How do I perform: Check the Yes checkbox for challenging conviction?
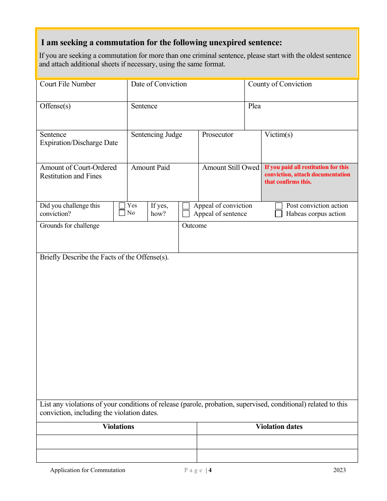pos(122,206)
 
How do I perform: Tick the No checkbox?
pos(122,213)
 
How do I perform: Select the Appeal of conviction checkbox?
pos(186,206)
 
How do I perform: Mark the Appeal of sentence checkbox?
pos(186,214)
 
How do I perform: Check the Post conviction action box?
pos(279,206)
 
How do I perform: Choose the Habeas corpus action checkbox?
pos(279,214)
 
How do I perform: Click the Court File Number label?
pos(68,84)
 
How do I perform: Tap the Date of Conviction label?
pos(159,84)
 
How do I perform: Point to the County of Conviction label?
pos(280,84)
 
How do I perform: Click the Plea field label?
pos(255,106)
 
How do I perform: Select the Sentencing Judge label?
pos(156,135)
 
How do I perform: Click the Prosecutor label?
pos(218,135)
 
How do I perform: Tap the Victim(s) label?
pos(279,135)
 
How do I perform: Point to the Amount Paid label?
pos(150,168)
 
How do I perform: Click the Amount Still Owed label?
pos(231,168)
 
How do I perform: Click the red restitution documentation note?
pos(307,174)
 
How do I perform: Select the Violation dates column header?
pos(279,427)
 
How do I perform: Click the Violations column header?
pos(118,427)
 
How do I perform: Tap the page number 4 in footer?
pos(210,470)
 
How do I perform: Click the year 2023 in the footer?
pos(339,470)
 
